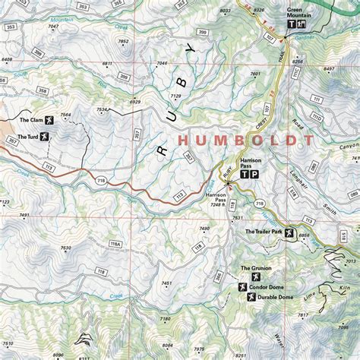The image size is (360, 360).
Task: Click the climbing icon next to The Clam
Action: tap(49, 120)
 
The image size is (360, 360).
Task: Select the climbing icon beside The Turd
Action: tap(45, 136)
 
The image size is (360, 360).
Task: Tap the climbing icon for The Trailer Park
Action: tap(288, 232)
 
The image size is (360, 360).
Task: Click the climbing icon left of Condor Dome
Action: tap(242, 287)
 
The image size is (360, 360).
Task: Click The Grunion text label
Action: tap(256, 268)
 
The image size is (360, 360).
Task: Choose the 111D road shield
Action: tap(317, 118)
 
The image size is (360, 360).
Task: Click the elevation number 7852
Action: tap(123, 41)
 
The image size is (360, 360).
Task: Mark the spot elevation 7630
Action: tap(65, 248)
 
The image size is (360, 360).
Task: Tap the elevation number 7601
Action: tap(255, 74)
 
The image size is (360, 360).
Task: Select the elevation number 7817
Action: tap(302, 315)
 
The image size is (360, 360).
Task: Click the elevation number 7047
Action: tap(52, 27)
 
